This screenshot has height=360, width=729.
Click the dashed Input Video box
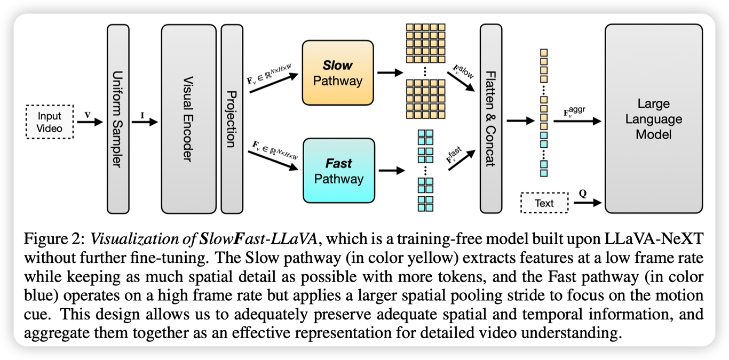coord(50,122)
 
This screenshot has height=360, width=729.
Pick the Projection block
coord(232,118)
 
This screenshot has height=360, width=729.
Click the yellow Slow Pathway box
coord(337,73)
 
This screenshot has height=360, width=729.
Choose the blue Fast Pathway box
coord(337,171)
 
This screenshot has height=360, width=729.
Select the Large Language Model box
coord(653,118)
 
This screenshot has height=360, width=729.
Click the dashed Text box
coord(544,203)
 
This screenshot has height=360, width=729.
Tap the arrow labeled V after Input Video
coord(89,122)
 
